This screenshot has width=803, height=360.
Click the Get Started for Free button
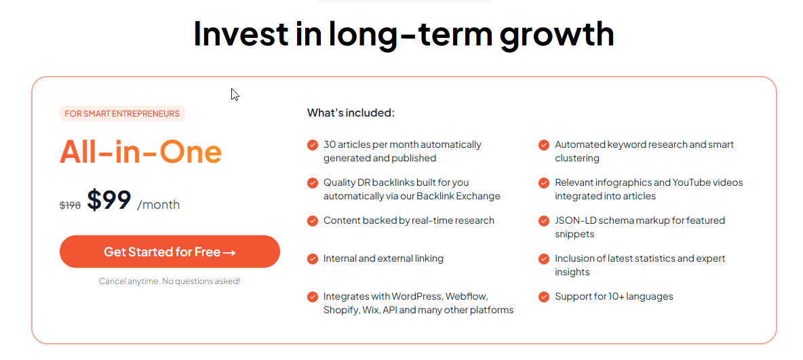(x=170, y=252)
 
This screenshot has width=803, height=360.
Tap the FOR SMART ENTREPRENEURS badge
(x=122, y=114)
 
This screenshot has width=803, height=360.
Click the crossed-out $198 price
(x=70, y=205)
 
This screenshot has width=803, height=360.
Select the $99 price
(x=109, y=200)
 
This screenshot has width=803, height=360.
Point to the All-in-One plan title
(x=141, y=152)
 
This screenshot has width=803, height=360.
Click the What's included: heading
(x=351, y=113)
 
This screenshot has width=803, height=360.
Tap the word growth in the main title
(x=557, y=33)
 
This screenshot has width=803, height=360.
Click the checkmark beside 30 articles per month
(x=313, y=145)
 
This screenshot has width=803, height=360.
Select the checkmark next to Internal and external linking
(x=313, y=259)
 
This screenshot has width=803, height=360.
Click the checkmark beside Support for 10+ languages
(x=544, y=297)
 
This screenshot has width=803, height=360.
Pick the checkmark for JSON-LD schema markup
(x=544, y=221)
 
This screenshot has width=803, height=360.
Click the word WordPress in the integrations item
(x=417, y=296)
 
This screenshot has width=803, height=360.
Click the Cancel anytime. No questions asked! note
(x=170, y=281)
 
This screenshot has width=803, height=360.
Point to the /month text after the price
(x=158, y=205)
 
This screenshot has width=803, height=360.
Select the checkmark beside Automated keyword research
(x=544, y=145)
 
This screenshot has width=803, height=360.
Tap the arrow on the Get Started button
(x=229, y=252)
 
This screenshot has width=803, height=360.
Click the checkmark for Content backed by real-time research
(x=313, y=221)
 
